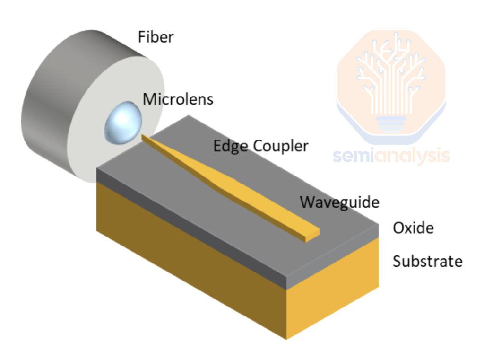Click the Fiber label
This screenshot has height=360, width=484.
pos(156,37)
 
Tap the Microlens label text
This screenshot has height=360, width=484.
pos(178,99)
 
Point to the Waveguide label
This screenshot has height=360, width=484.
pos(339,202)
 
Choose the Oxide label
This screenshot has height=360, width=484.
pos(413,228)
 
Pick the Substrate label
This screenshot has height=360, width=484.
pos(427,261)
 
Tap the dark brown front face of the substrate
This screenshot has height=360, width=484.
pos(189,255)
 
